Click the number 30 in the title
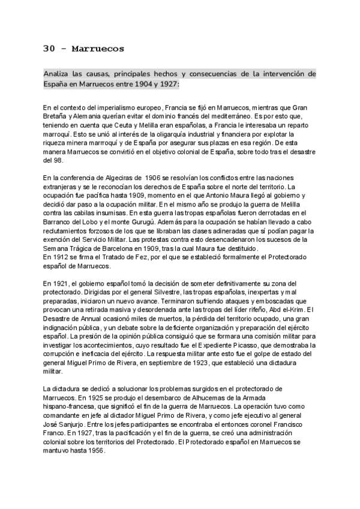50,48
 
